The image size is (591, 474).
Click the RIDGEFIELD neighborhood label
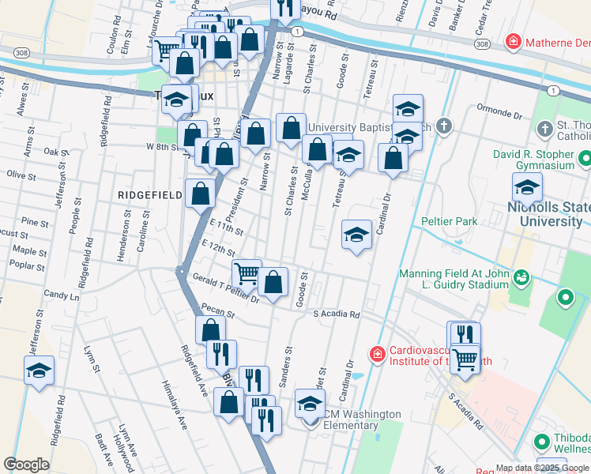click(144, 194)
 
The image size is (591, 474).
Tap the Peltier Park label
click(450, 222)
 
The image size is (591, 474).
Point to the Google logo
click(26, 465)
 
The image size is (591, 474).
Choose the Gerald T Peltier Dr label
click(226, 288)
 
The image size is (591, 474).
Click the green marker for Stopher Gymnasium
click(585, 160)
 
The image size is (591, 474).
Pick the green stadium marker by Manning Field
click(521, 277)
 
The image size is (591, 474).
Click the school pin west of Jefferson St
click(39, 371)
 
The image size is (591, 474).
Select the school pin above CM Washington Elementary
click(310, 404)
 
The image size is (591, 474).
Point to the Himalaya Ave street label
click(176, 412)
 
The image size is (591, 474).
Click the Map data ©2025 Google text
click(541, 468)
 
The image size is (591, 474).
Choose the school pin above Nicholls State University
click(526, 187)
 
